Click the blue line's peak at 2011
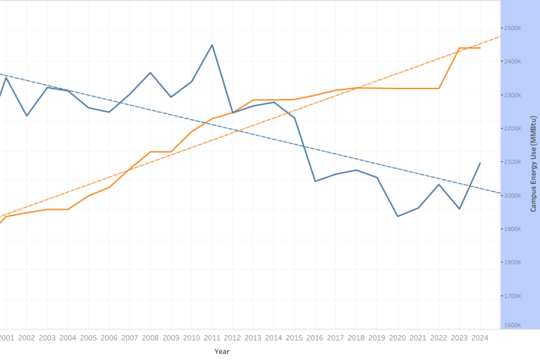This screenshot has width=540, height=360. pos(212,45)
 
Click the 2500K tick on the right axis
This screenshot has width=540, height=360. pos(512,28)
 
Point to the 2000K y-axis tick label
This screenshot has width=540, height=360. pos(512,195)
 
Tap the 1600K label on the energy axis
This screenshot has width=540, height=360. pos(512,325)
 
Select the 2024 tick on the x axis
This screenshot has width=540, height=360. pos(480,338)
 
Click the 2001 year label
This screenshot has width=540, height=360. pos(6,338)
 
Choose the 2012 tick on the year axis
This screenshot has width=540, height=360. pos(232,338)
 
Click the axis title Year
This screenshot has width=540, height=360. pos(222,351)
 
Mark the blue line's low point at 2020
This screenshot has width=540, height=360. pos(397,216)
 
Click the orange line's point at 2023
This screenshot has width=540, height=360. pos(460,48)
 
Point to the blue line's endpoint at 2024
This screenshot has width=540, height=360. pos(480,163)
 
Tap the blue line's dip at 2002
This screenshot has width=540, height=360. pos(27,115)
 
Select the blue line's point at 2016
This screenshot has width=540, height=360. pos(315,181)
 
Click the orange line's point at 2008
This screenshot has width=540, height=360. pos(150,151)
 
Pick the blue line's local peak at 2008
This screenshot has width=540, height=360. pos(150,73)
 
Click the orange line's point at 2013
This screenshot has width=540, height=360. pos(253,100)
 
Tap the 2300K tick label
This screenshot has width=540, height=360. pos(512,95)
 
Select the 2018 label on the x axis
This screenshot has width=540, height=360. pos(356,338)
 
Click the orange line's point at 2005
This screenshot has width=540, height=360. pos(88,196)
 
